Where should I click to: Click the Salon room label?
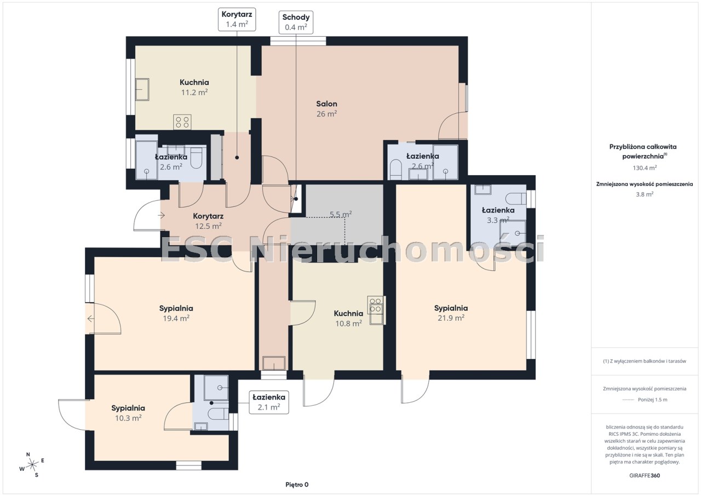coord(326,104)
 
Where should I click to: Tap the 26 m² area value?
coord(326,114)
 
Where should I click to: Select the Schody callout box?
coord(296,22)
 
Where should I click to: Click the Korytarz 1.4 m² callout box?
coord(237,19)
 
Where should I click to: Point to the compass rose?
coord(32,465)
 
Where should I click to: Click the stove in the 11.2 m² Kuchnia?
coord(182,122)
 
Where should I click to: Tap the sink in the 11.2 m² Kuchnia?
coord(142,89)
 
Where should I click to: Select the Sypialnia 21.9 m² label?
coord(451,313)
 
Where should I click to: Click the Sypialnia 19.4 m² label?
coord(176,313)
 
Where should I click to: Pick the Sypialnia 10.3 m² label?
coord(128,413)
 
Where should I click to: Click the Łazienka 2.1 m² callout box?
coord(269,402)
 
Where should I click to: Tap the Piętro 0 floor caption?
coord(297,485)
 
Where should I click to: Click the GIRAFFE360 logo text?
coord(645,475)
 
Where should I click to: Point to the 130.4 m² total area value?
coord(645,168)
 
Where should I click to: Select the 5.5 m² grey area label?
coord(341,214)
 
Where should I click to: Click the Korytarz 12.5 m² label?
coord(208,221)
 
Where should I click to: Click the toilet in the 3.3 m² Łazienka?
coord(516,198)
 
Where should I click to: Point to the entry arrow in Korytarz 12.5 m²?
coord(161,215)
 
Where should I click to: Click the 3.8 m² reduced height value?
coord(645,194)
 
